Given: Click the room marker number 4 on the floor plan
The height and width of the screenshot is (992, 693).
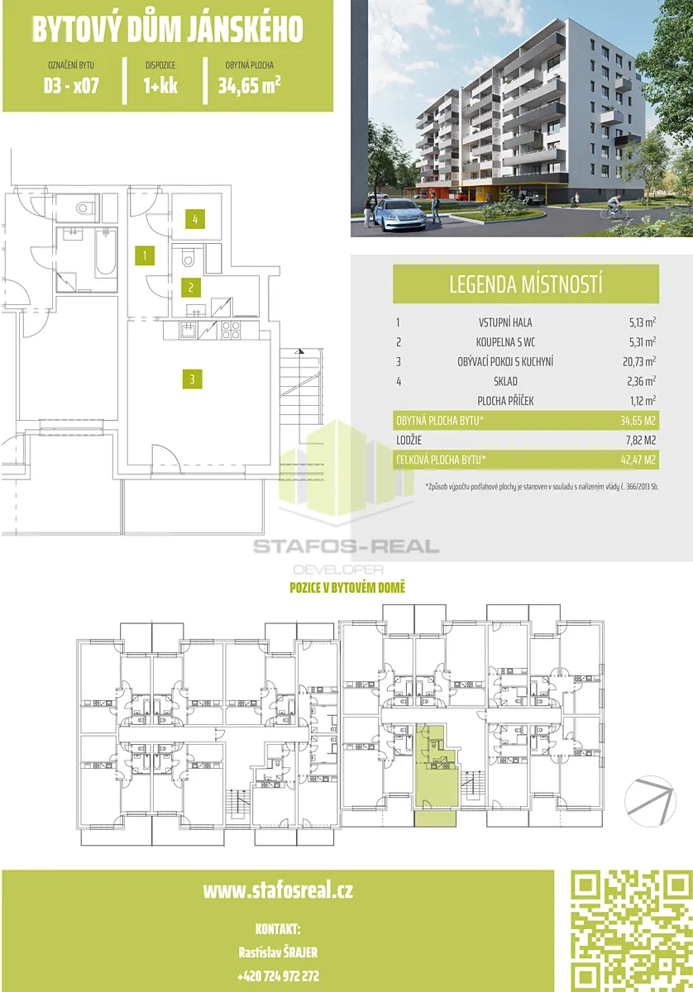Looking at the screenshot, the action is [x=195, y=219].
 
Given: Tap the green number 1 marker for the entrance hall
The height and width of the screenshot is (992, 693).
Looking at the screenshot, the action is [x=145, y=255].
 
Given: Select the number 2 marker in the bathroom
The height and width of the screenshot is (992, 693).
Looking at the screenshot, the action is [x=191, y=288].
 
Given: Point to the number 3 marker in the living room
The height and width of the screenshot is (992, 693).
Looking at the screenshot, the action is [x=193, y=379].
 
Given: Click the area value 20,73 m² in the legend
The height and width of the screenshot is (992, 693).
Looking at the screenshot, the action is [x=639, y=361].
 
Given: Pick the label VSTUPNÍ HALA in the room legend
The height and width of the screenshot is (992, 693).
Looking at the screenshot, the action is [x=505, y=322].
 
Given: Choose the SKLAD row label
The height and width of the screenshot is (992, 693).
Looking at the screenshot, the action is [x=505, y=381].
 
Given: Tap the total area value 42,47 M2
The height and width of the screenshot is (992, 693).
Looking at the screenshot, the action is [x=638, y=460].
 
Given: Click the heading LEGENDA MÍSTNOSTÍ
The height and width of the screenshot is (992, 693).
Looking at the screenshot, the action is [x=526, y=284].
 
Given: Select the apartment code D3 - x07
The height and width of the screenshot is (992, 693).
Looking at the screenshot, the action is [x=71, y=85].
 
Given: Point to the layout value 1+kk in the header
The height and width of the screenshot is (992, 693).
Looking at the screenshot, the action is [x=160, y=85].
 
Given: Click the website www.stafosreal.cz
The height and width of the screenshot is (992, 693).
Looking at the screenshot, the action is [x=278, y=890].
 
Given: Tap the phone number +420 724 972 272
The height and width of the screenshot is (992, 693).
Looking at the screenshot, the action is [x=278, y=975].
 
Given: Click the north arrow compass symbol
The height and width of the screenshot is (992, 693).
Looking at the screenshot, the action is [x=650, y=801].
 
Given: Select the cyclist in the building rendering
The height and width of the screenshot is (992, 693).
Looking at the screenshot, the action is [x=614, y=207].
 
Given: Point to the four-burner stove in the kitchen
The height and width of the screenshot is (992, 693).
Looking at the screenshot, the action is [x=231, y=331].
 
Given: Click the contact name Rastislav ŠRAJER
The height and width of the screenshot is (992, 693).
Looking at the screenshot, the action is [x=278, y=952].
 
